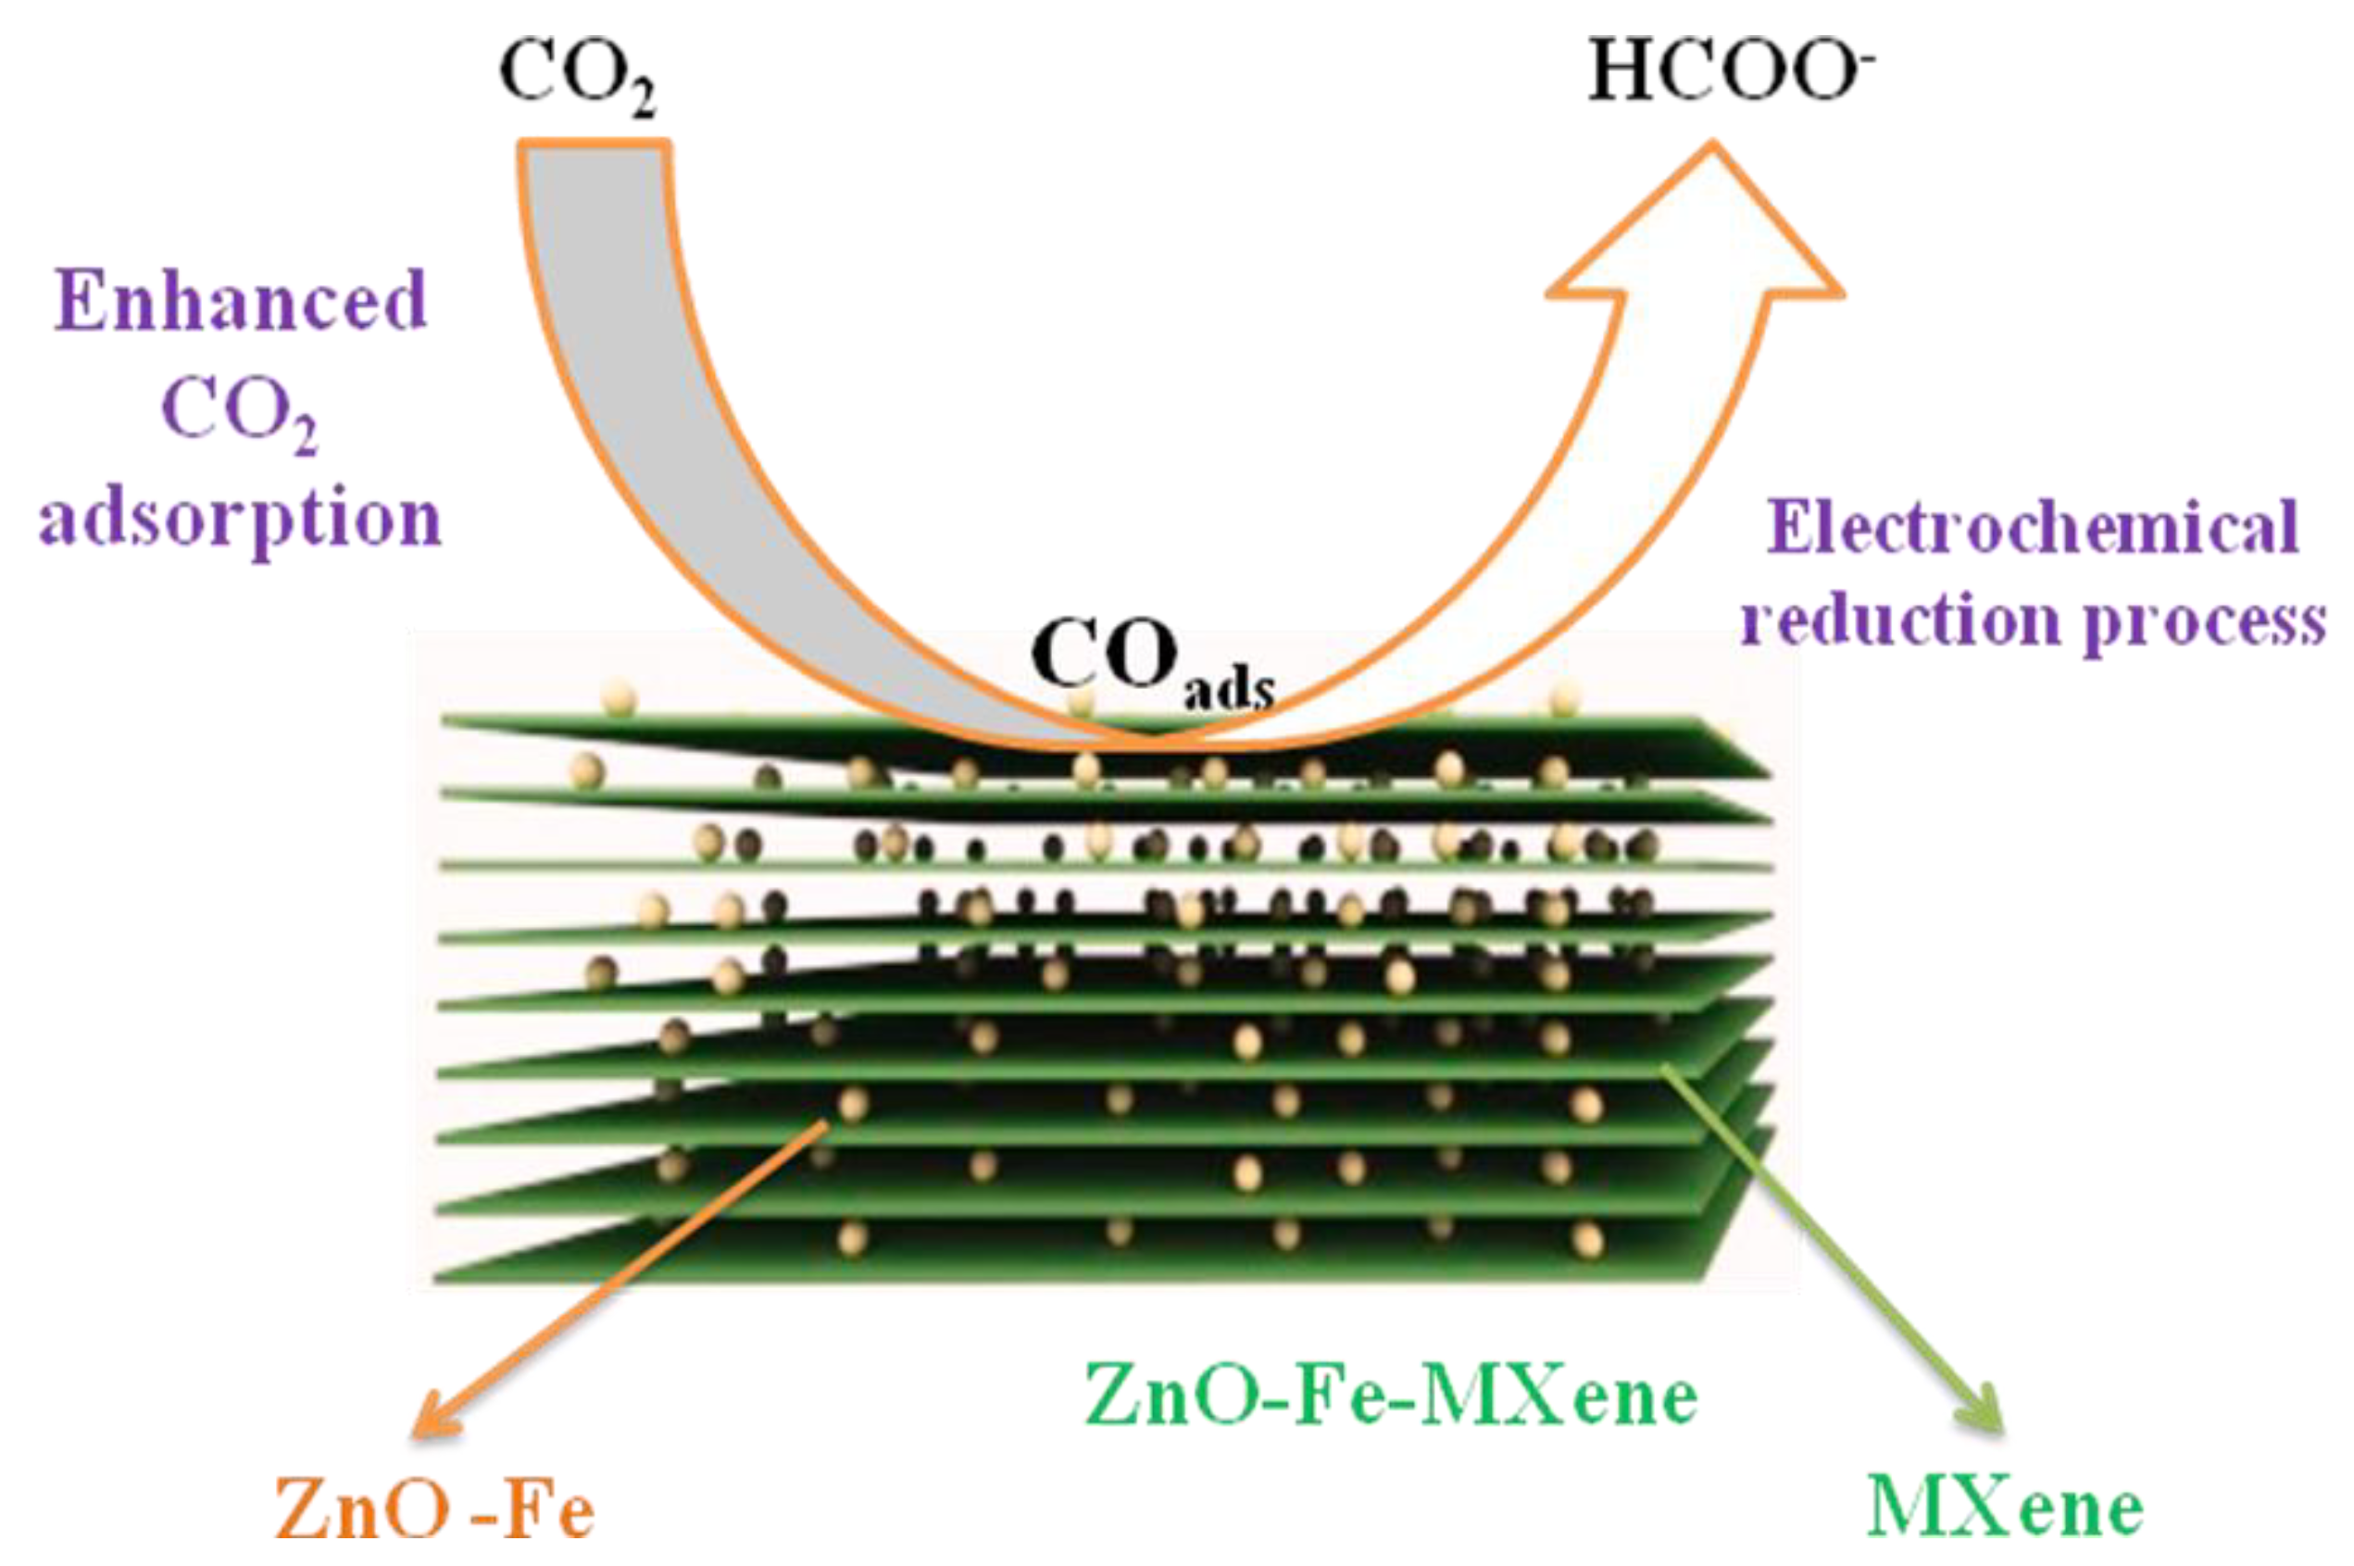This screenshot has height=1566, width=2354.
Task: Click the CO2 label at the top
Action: (x=577, y=76)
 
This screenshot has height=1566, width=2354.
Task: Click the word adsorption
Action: (x=240, y=520)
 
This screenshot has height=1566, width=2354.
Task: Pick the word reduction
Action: (x=1898, y=621)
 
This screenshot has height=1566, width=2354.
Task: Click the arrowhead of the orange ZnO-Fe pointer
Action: (x=435, y=1418)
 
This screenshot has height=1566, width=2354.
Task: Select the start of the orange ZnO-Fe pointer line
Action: (x=825, y=1124)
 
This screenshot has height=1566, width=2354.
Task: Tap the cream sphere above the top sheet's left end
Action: (x=619, y=698)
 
